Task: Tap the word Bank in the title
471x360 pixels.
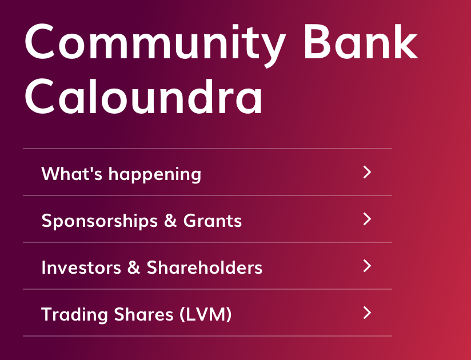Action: [x=361, y=42]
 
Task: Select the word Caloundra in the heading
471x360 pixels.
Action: [x=143, y=96]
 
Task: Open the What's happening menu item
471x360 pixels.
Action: [x=121, y=174]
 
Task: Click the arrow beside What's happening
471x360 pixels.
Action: [x=367, y=172]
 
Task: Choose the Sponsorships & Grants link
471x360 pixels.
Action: [x=142, y=221]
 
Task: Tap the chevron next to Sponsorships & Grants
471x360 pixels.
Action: [x=367, y=219]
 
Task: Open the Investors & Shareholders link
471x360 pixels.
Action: [x=151, y=267]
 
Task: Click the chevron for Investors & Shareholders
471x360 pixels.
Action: [x=367, y=266]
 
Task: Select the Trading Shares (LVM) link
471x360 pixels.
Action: [x=137, y=315]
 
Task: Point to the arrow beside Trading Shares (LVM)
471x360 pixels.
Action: [x=367, y=313]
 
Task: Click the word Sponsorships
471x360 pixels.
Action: [x=99, y=221]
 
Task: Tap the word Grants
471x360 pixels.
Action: [x=213, y=221]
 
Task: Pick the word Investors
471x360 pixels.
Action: [x=81, y=267]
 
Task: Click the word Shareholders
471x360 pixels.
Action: [x=205, y=267]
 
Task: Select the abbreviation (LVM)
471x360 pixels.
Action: [x=205, y=314]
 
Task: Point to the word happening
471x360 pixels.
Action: [x=155, y=174]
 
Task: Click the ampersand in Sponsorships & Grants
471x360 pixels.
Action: [x=170, y=221]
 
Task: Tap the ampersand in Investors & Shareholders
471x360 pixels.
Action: [x=134, y=267]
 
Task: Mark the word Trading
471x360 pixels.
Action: [x=74, y=315]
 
